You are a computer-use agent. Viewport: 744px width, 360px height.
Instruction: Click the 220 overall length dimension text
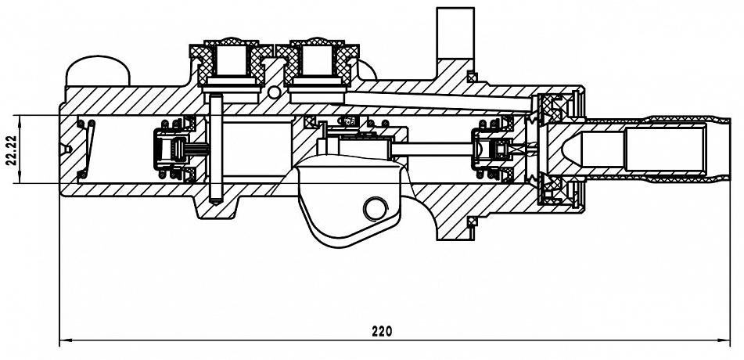coord(382,331)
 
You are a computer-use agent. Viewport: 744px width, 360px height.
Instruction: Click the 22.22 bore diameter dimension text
coord(12,149)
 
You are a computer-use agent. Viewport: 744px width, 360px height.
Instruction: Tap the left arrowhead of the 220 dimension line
coord(66,340)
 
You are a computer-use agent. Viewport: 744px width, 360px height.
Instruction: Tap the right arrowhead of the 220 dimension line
coord(724,340)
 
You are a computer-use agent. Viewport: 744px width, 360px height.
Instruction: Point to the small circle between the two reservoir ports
coord(274,92)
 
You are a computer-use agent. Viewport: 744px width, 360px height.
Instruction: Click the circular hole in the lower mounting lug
coord(376,209)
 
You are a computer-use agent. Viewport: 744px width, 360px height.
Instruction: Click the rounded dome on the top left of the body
coord(97,71)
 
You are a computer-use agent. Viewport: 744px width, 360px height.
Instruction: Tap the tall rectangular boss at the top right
coord(455,33)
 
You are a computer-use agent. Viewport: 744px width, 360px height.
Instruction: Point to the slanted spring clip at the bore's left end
coord(88,149)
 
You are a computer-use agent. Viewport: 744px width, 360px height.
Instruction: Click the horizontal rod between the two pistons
coord(431,149)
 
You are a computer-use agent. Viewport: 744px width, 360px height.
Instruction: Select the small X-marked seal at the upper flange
coord(471,77)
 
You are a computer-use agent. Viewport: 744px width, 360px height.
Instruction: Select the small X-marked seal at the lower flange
coord(471,221)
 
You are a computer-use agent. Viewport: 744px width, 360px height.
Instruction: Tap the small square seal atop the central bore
coord(311,121)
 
